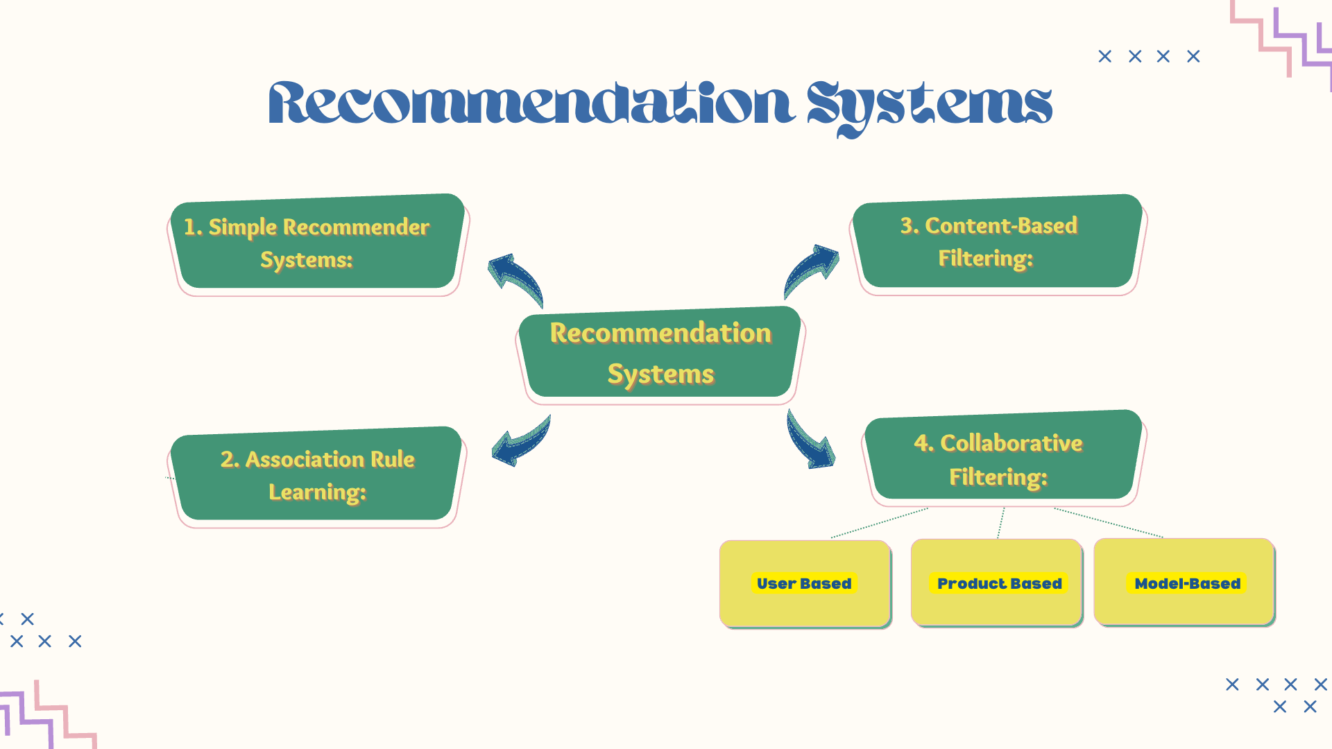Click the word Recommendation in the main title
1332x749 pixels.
click(531, 104)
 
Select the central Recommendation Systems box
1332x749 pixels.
click(660, 353)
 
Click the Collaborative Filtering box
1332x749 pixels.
click(1003, 458)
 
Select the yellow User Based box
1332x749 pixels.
click(805, 583)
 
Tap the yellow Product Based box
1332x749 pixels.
click(998, 583)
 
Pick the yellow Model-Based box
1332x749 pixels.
click(1185, 583)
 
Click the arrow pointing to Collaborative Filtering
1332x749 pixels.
click(810, 441)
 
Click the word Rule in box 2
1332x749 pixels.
click(393, 459)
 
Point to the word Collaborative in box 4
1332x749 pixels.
click(1011, 443)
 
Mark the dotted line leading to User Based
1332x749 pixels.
click(880, 523)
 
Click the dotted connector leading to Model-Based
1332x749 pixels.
click(1109, 523)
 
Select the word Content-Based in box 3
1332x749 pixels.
click(1001, 225)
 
